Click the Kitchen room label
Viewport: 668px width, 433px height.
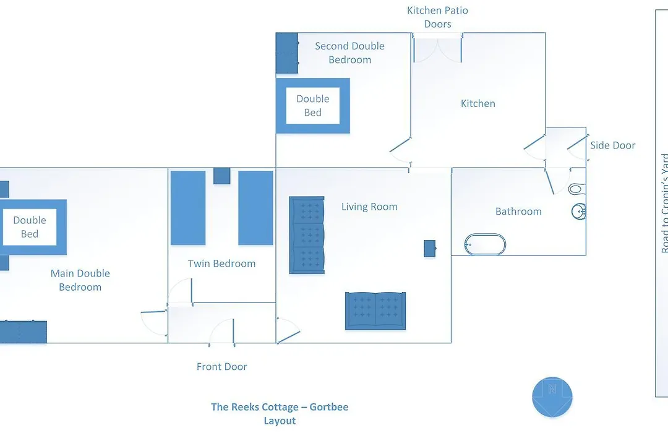point(478,103)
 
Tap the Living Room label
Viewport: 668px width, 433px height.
point(369,207)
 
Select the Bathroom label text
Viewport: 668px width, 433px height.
point(518,212)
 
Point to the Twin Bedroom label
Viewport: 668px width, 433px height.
point(221,264)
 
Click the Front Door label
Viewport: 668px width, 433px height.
point(221,367)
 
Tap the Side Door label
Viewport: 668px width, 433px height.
point(612,145)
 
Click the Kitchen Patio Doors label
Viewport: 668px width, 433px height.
point(437,17)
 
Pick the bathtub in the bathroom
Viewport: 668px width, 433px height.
point(485,244)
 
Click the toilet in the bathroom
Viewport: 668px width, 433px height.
point(577,189)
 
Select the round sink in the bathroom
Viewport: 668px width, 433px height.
point(578,212)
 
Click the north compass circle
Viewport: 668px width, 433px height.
point(552,397)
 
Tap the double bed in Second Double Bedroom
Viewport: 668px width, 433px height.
point(313,106)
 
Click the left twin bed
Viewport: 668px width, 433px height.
point(188,208)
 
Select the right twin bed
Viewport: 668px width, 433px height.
point(255,208)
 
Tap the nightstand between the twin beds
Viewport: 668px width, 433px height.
point(222,176)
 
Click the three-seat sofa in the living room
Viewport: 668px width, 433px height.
point(307,235)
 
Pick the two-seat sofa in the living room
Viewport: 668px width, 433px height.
point(375,311)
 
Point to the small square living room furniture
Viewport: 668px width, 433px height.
point(430,249)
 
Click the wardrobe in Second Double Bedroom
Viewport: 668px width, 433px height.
point(287,53)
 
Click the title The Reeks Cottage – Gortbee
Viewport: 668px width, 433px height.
point(280,407)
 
